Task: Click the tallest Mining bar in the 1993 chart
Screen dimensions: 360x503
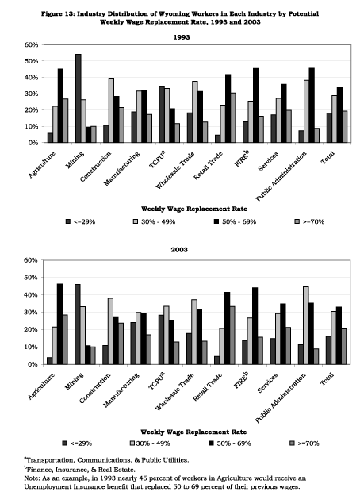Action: coord(79,98)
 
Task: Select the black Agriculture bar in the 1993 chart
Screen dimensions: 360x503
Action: coord(60,106)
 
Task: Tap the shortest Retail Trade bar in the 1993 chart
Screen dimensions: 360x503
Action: coord(217,139)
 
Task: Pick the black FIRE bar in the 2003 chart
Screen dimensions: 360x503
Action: coord(255,326)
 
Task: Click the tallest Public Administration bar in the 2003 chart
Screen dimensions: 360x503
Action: coord(306,325)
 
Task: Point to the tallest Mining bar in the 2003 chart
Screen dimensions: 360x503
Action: coord(78,324)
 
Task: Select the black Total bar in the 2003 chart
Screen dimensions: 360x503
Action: coord(339,336)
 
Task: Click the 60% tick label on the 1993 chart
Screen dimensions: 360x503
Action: coord(31,45)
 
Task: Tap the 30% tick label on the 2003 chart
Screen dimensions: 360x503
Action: coord(31,312)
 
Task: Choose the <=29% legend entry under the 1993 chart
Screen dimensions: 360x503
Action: coord(80,221)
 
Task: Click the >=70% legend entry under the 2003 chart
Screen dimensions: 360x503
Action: coord(304,443)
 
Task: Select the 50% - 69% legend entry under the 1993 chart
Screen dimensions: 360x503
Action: coord(235,221)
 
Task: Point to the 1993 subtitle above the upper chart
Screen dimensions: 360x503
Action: coord(182,37)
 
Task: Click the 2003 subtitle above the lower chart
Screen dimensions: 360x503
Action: coord(179,250)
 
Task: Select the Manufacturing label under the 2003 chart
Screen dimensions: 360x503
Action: coord(121,390)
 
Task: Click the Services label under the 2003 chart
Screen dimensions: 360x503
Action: coord(267,383)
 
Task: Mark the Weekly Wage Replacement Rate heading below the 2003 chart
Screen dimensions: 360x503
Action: coord(193,432)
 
